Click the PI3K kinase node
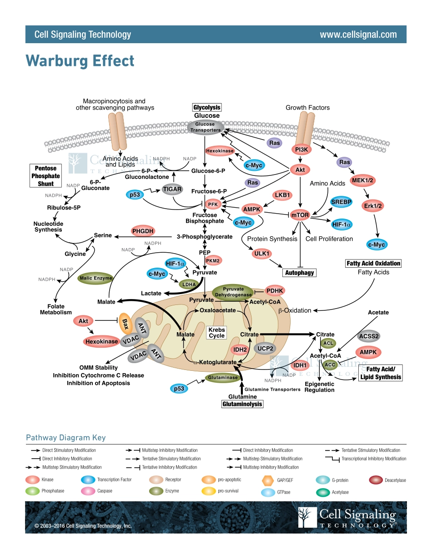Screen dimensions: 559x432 pyautogui.click(x=301, y=149)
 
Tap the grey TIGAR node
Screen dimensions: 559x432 pyautogui.click(x=172, y=189)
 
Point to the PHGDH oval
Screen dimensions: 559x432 pyautogui.click(x=144, y=231)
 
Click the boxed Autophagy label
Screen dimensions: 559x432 pyautogui.click(x=299, y=273)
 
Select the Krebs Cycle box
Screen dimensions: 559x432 pyautogui.click(x=217, y=333)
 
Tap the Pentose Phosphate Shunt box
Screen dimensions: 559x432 pyautogui.click(x=45, y=176)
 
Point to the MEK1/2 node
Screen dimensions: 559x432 pyautogui.click(x=362, y=181)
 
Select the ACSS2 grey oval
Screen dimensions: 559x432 pyautogui.click(x=369, y=336)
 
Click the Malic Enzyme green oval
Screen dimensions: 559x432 pyautogui.click(x=95, y=278)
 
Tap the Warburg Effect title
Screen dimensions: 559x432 pyautogui.click(x=80, y=61)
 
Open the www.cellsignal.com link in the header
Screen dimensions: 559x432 pyautogui.click(x=358, y=35)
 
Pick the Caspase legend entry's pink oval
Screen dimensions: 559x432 pyautogui.click(x=88, y=491)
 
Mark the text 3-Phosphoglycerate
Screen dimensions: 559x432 pyautogui.click(x=204, y=237)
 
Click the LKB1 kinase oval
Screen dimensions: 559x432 pyautogui.click(x=282, y=195)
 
